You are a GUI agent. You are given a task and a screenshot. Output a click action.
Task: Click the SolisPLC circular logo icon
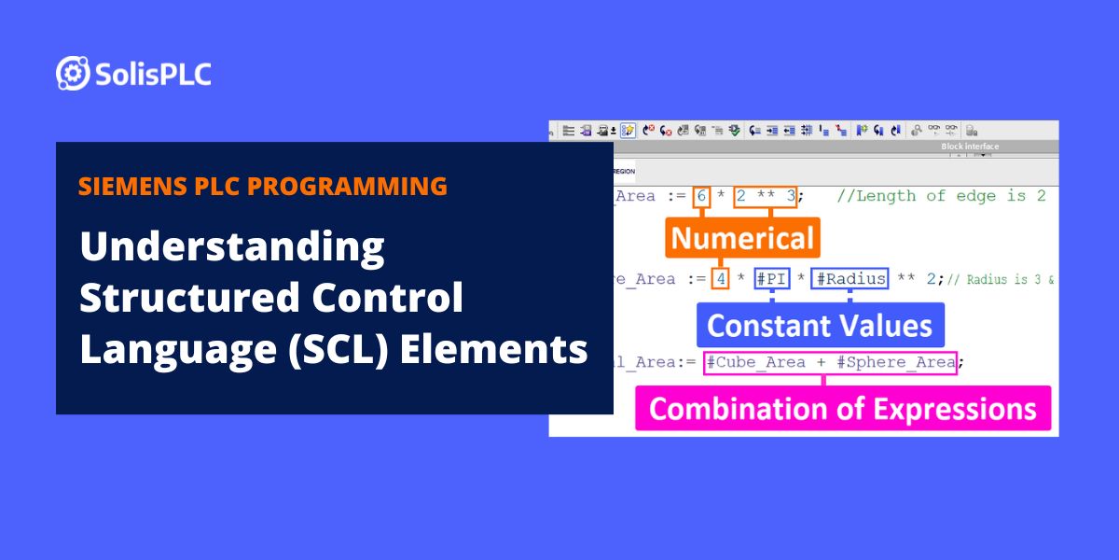point(73,73)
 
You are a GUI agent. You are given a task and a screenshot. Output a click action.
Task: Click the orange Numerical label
point(742,238)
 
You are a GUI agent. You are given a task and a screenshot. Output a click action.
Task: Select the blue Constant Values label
point(820,325)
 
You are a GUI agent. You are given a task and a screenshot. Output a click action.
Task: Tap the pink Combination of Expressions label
point(842,409)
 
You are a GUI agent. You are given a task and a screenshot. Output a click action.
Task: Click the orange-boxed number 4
point(720,279)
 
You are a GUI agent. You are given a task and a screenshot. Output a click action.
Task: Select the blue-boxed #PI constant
point(772,279)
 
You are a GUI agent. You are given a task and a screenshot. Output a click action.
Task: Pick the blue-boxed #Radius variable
point(850,279)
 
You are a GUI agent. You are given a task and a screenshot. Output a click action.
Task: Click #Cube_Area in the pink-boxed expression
point(748,362)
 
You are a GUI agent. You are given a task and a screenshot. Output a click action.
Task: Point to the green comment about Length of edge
point(942,196)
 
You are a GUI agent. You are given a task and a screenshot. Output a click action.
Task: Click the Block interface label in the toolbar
point(970,147)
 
